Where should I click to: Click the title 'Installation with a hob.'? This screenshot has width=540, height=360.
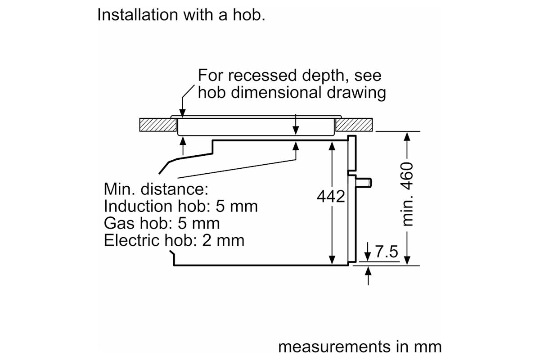[x=181, y=15]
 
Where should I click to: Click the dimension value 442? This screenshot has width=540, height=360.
[x=331, y=197]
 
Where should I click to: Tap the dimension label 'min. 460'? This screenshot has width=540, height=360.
[x=407, y=194]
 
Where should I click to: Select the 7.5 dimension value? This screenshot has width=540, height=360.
[x=387, y=252]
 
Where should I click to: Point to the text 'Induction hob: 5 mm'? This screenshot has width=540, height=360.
[x=181, y=206]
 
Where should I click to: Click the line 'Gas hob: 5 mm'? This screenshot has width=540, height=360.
[x=162, y=223]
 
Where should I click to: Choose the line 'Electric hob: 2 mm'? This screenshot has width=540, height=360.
[x=174, y=240]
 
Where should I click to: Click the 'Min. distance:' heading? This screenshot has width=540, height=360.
[x=156, y=189]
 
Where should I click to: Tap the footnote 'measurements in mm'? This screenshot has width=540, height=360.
[x=360, y=347]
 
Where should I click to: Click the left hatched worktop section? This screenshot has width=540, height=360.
[x=158, y=125]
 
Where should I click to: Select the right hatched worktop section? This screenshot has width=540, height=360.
[x=354, y=125]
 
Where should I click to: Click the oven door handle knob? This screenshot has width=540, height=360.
[x=364, y=183]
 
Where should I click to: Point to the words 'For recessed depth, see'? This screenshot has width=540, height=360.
[x=289, y=75]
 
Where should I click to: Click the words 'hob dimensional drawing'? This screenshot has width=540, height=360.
[x=292, y=93]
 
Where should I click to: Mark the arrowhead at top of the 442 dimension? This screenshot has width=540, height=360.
[x=332, y=146]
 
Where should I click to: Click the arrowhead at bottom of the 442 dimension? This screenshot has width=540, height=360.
[x=332, y=260]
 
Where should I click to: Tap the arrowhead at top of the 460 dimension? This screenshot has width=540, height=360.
[x=407, y=136]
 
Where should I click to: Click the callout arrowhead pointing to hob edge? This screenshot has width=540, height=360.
[x=183, y=113]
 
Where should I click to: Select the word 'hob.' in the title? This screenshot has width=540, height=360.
[x=249, y=15]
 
